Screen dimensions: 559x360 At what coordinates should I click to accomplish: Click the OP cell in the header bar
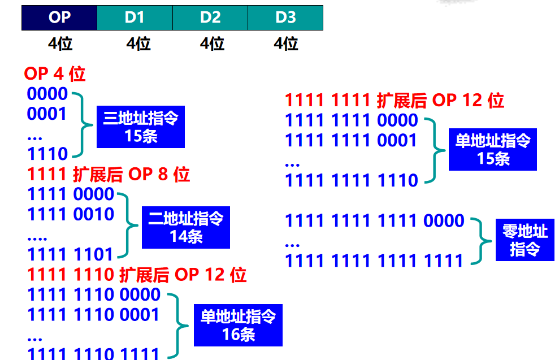click(59, 18)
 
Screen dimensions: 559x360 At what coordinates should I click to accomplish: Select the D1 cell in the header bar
click(135, 18)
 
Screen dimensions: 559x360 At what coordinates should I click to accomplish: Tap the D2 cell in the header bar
click(210, 18)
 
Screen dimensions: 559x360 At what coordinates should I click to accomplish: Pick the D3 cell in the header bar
click(285, 18)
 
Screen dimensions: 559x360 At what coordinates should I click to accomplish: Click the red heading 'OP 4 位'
click(54, 73)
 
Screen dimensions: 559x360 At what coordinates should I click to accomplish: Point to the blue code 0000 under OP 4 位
click(47, 94)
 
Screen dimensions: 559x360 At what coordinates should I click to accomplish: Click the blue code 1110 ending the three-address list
click(47, 153)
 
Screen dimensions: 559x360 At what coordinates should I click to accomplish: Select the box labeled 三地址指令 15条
click(140, 127)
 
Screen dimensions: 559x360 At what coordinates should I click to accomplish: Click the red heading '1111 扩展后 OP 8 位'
click(109, 174)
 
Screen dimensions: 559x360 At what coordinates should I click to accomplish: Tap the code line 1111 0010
click(71, 214)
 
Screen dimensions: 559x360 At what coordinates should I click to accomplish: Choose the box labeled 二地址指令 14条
click(185, 227)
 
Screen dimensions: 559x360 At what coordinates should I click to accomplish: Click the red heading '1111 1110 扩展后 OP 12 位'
click(137, 275)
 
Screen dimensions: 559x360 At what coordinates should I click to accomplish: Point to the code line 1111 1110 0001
click(94, 314)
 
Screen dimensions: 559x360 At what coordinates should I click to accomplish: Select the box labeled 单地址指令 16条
click(238, 326)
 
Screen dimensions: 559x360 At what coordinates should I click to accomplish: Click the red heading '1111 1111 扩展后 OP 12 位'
click(395, 101)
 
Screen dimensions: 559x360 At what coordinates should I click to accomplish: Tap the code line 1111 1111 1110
click(351, 181)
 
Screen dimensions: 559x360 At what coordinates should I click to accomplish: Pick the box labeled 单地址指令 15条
click(492, 149)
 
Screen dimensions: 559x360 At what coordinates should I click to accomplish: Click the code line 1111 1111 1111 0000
click(374, 220)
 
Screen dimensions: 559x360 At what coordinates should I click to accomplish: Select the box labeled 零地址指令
click(525, 240)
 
